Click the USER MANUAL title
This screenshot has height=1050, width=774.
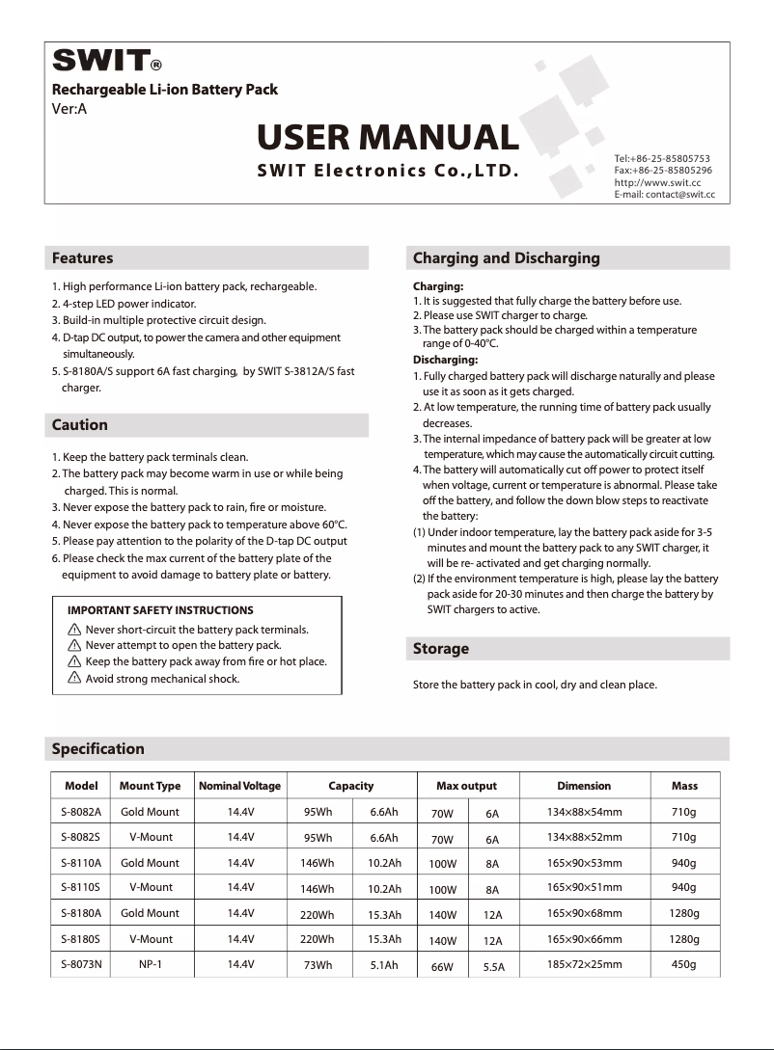(388, 137)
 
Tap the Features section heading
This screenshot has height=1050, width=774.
(82, 257)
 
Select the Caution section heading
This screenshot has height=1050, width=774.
(79, 424)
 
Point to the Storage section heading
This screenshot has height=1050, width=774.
(440, 648)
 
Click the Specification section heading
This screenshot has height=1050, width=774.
(97, 748)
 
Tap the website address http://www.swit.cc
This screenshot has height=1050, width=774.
(657, 181)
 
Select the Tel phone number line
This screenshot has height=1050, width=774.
(662, 157)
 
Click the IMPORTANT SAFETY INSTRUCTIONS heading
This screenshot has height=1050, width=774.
(160, 610)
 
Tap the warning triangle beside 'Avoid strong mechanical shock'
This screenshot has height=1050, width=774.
(74, 679)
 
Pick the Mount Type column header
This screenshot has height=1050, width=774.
(150, 786)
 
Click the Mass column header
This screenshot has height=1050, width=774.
(684, 786)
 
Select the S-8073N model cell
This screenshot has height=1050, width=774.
(81, 963)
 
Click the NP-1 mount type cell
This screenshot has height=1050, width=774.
(150, 963)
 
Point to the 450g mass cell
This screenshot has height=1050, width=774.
(683, 963)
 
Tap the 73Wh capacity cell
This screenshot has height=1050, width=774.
(318, 964)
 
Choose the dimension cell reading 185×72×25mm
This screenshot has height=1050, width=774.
(584, 963)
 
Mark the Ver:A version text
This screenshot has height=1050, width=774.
(69, 108)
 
